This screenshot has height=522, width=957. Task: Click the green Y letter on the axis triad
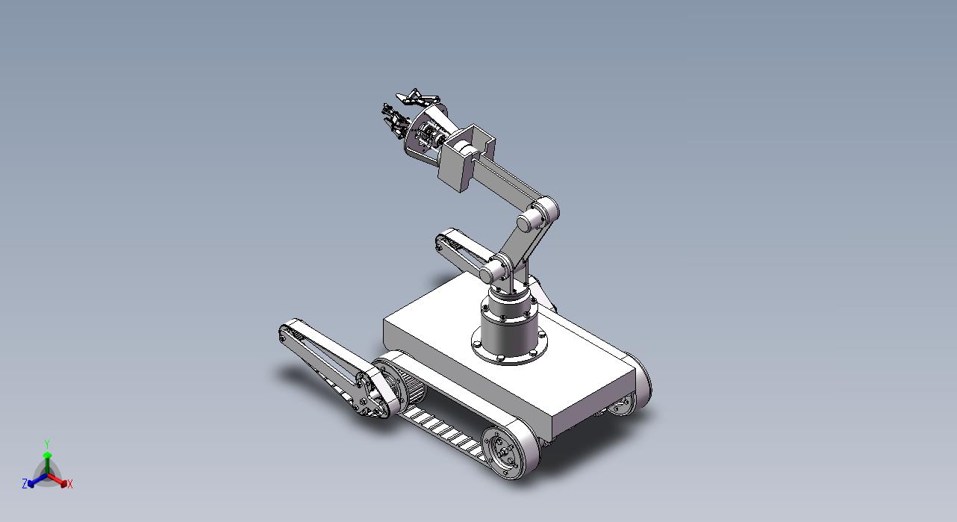click(x=48, y=444)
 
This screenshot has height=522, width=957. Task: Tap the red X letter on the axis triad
click(x=70, y=485)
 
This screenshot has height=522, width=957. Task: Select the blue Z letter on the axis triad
click(x=25, y=483)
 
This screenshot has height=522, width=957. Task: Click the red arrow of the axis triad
click(x=57, y=479)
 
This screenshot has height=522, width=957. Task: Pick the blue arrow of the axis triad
click(x=37, y=480)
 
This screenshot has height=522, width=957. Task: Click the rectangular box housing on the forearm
click(x=466, y=158)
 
